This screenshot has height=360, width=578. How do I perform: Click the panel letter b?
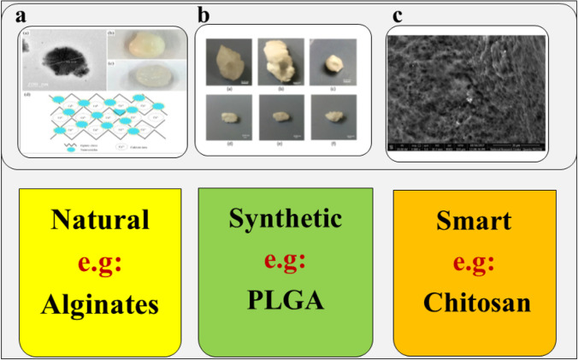pyautogui.click(x=203, y=15)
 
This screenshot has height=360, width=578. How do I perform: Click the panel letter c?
pyautogui.click(x=395, y=15)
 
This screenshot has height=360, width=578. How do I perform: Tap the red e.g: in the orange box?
pyautogui.click(x=473, y=263)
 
